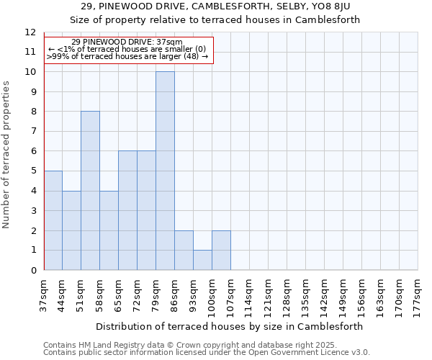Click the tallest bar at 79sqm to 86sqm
coord(165,171)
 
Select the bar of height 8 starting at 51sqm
coord(90,191)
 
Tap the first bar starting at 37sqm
coord(53,220)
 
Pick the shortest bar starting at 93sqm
coord(202,260)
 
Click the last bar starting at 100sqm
coord(221,250)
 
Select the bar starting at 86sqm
coord(184,250)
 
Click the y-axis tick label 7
coord(32,132)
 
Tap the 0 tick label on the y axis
coord(32,271)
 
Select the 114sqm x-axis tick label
coord(249,294)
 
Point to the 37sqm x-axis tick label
coord(44,294)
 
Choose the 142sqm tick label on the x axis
coord(324,294)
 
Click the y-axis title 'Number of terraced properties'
coord(7,154)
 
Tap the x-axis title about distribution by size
coord(228,326)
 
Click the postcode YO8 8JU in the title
coord(330,6)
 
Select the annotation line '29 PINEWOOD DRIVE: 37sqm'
coord(127,42)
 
